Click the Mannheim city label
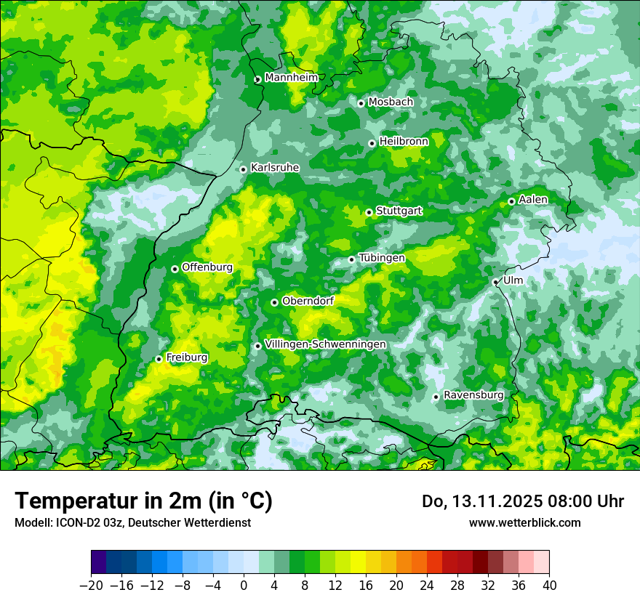291,78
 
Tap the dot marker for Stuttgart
369,212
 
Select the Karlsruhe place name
275,168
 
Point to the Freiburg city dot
159,359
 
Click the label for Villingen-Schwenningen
326,344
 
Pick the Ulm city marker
495,282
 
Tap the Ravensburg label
473,395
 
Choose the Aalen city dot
511,201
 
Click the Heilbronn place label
404,142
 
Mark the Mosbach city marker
361,103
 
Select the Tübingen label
382,258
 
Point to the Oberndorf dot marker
274,302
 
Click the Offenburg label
207,267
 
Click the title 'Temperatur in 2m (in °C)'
143,501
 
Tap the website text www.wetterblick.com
525,522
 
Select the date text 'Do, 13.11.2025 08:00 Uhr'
523,501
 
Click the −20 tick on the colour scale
91,586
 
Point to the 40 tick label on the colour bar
549,586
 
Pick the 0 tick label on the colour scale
244,586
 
